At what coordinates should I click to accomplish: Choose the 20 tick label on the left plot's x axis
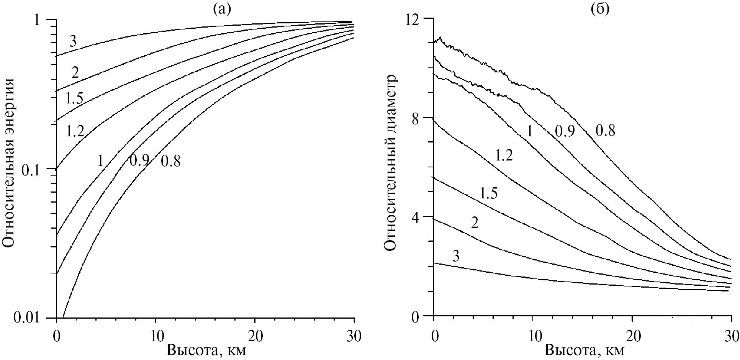click(x=255, y=332)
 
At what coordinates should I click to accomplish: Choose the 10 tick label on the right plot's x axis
click(x=533, y=332)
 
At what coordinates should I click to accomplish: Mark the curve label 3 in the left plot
click(x=72, y=41)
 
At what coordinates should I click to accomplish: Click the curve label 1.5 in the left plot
click(x=74, y=99)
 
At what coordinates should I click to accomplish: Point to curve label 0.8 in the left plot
click(x=170, y=162)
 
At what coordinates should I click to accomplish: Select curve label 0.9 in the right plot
click(x=565, y=132)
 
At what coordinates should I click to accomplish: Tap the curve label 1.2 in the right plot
click(x=504, y=156)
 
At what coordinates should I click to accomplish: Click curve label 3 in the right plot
click(x=455, y=256)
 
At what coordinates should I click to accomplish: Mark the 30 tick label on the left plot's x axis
click(x=354, y=332)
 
